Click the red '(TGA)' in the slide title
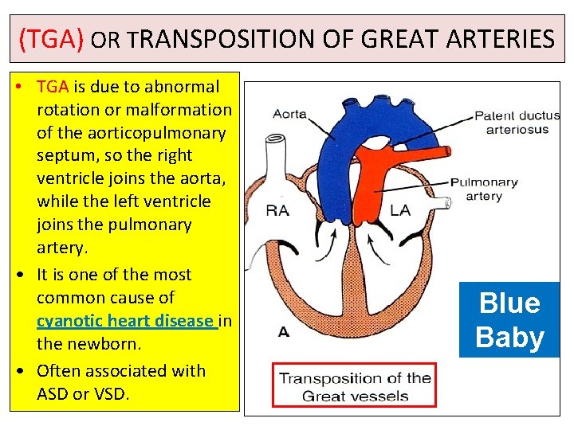click(51, 37)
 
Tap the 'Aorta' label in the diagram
click(289, 114)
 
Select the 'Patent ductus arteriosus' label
click(517, 122)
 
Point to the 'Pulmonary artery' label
click(483, 189)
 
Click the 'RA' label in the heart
click(277, 211)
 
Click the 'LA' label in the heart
click(400, 211)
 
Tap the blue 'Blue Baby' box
click(509, 319)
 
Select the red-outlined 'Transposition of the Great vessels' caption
click(355, 386)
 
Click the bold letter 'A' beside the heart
click(284, 333)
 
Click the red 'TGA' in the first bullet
click(53, 86)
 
